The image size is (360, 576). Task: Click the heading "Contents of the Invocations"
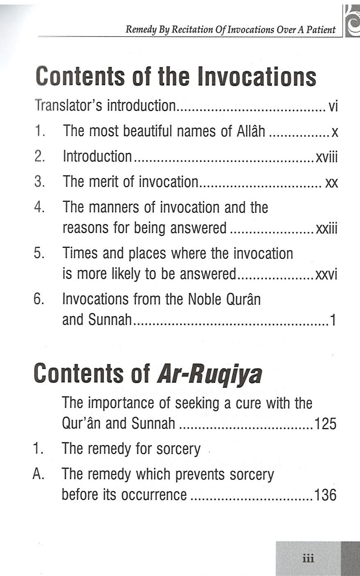click(176, 77)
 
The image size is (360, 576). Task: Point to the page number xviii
click(327, 157)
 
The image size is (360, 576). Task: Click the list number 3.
click(39, 182)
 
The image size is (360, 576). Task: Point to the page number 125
click(325, 423)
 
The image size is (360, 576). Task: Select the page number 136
click(325, 495)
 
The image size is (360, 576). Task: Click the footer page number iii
click(308, 559)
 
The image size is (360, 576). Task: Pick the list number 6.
click(39, 299)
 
